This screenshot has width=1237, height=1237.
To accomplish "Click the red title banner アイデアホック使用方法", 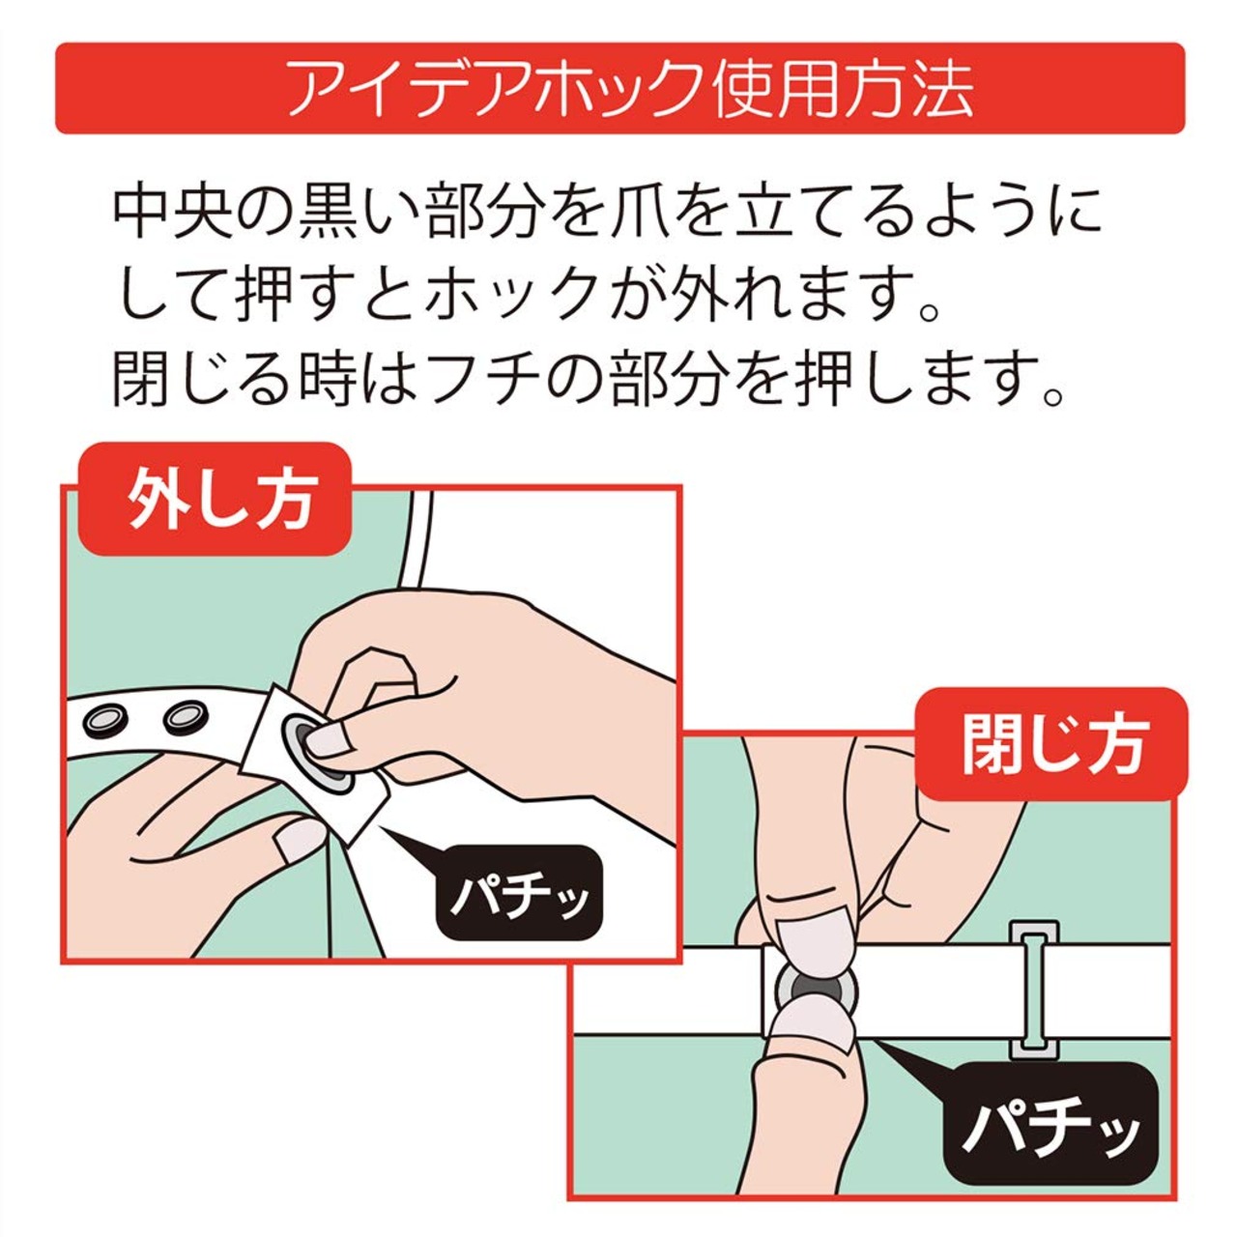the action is [619, 88].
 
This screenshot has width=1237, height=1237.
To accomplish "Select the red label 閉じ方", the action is [1051, 745].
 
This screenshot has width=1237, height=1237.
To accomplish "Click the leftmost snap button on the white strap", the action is [107, 720].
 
